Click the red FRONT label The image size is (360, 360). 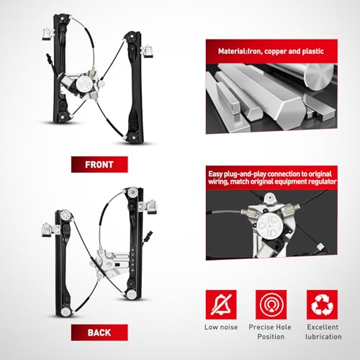click(99, 164)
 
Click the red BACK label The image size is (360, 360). click(99, 333)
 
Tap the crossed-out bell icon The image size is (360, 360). click(221, 305)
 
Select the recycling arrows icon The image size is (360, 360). click(322, 305)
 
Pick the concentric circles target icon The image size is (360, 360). click(271, 305)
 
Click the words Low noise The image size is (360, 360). click(221, 327)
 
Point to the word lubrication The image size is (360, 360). click(323, 337)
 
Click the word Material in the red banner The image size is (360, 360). click(230, 51)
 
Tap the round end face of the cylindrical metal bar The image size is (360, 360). click(319, 76)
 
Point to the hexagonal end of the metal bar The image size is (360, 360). click(255, 112)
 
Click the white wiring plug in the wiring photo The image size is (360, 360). click(321, 246)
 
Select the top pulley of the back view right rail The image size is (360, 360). click(132, 192)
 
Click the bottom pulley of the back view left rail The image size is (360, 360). click(66, 312)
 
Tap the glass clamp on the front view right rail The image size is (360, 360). click(148, 52)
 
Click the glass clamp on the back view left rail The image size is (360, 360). click(48, 230)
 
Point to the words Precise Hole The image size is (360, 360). click(270, 327)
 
